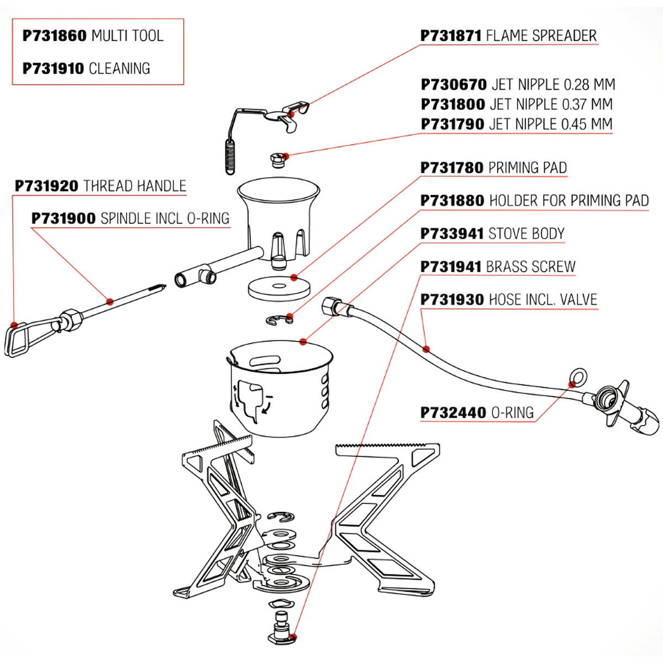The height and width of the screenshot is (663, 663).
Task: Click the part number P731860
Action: click(x=55, y=36)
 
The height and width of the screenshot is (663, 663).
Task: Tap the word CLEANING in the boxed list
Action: click(x=119, y=69)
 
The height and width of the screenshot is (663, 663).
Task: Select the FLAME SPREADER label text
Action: click(x=541, y=36)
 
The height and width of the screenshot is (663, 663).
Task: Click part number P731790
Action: click(x=452, y=124)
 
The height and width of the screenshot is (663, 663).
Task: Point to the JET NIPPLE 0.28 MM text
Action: click(x=553, y=85)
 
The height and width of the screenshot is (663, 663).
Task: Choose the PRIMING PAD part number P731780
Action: click(x=452, y=168)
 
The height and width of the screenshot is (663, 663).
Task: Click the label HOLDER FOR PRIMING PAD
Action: click(x=569, y=201)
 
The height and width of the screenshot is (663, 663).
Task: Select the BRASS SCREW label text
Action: click(x=530, y=267)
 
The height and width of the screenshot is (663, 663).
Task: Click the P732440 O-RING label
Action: click(x=477, y=413)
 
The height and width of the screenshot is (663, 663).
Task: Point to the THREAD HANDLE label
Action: click(x=135, y=186)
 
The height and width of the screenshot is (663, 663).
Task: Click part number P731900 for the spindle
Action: click(x=64, y=219)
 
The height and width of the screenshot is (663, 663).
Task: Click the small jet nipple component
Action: click(x=278, y=160)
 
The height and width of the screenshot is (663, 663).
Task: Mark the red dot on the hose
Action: click(x=426, y=349)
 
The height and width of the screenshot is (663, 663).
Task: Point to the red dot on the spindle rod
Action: click(x=110, y=302)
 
